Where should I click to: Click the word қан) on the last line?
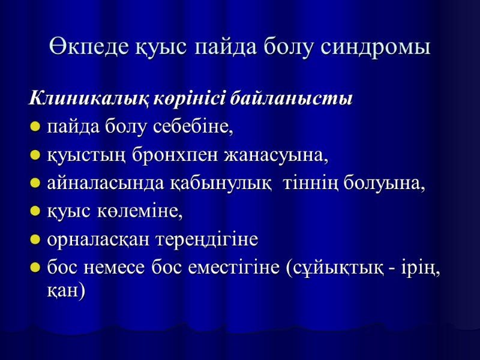(66, 292)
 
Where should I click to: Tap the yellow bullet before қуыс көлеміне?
(35, 213)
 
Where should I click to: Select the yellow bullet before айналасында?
(35, 185)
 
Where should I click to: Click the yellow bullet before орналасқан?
(35, 241)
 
